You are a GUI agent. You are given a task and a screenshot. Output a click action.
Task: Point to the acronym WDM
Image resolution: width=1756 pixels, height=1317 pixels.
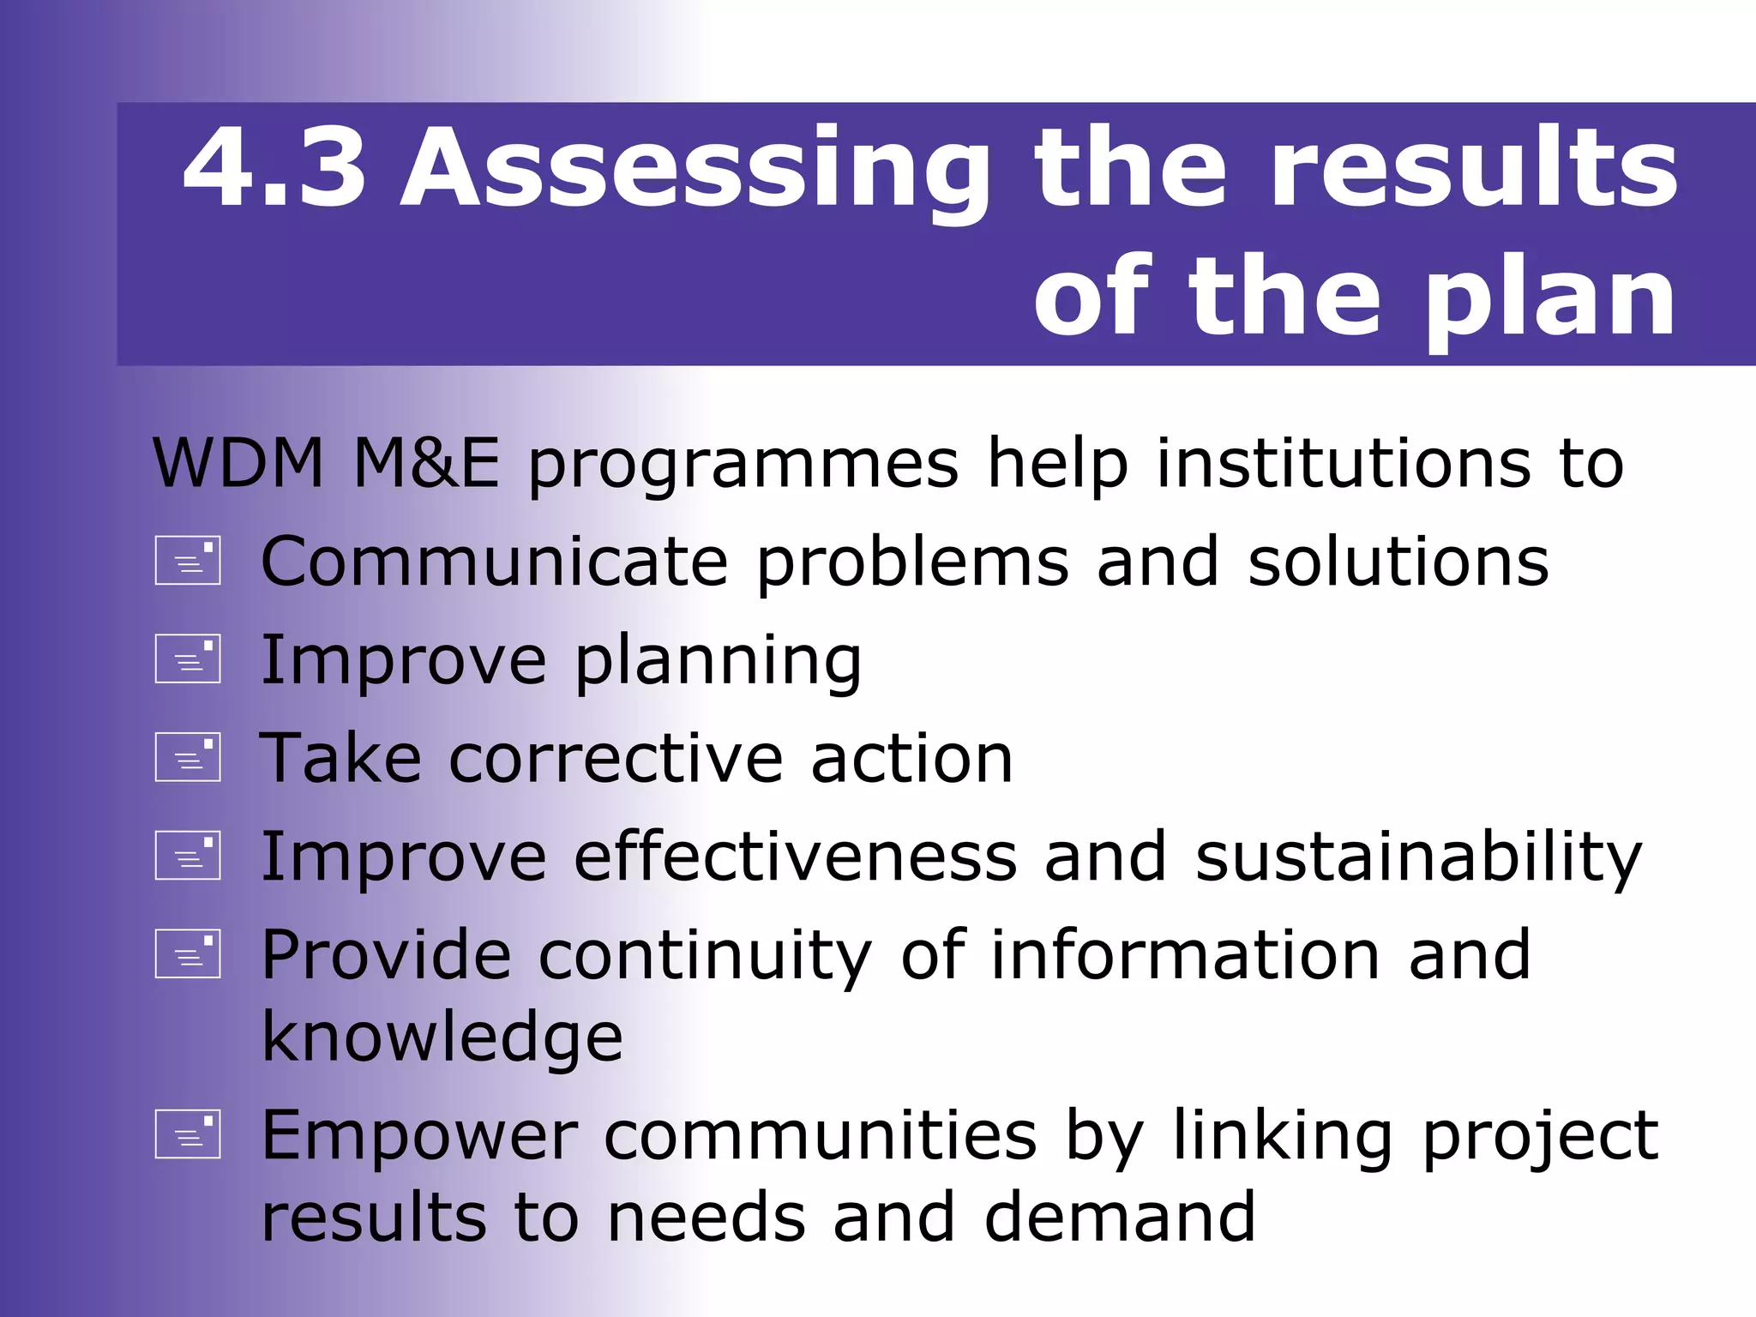[x=238, y=463]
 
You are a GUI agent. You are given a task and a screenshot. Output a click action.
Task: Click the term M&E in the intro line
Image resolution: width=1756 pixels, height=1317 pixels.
[x=426, y=463]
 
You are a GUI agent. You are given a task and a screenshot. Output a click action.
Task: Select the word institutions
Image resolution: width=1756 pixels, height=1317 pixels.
[x=1343, y=463]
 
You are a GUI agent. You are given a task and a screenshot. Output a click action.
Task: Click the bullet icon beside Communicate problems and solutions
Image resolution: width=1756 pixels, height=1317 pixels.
[x=188, y=561]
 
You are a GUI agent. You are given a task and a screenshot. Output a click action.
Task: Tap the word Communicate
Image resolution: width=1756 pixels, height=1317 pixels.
[x=494, y=561]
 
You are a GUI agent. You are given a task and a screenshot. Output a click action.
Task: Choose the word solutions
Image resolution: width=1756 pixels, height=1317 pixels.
[x=1398, y=561]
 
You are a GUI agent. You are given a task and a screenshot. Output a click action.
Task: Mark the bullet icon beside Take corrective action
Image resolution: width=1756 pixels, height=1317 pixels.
[x=188, y=757]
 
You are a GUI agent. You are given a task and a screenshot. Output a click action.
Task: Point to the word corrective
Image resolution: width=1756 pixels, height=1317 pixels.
[x=616, y=758]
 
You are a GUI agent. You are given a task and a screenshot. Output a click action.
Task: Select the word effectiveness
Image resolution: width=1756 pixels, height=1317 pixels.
[x=795, y=856]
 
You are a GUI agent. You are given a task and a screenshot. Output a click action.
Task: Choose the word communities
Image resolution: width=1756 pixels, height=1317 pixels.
[x=821, y=1135]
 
